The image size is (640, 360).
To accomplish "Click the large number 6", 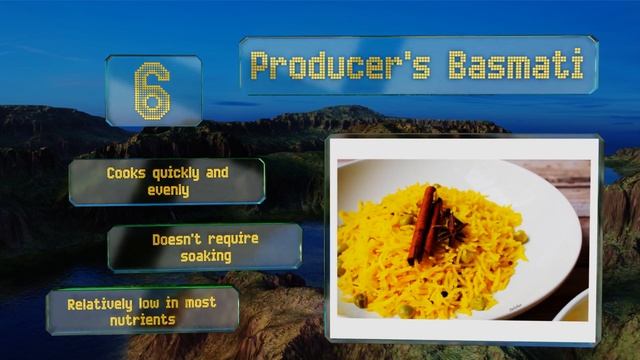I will (152, 90).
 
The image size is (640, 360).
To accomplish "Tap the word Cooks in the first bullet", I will (128, 173).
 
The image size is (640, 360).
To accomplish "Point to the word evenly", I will (168, 189).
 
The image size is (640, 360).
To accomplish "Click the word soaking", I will (206, 256).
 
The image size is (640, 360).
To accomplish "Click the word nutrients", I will (143, 320).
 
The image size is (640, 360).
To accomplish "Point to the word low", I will (157, 304).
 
